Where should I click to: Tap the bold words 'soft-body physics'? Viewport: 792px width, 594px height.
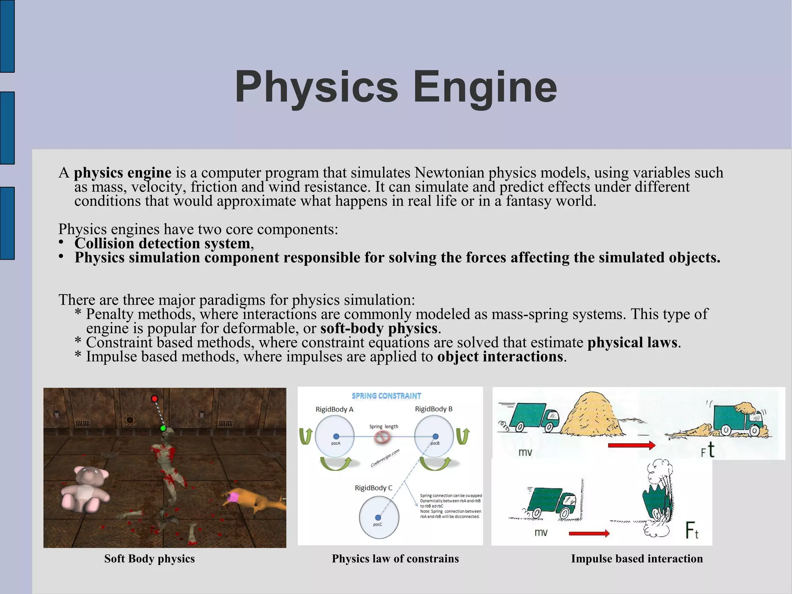pyautogui.click(x=379, y=329)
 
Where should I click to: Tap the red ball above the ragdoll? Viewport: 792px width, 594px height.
pyautogui.click(x=154, y=399)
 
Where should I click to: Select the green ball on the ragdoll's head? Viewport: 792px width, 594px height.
pyautogui.click(x=163, y=428)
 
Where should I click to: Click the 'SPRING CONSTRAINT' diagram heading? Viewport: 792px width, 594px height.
pyautogui.click(x=386, y=396)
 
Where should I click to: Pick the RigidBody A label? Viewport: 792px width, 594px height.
pyautogui.click(x=335, y=409)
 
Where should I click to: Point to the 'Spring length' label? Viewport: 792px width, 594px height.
pyautogui.click(x=384, y=426)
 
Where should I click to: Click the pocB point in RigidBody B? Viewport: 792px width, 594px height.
pyautogui.click(x=435, y=437)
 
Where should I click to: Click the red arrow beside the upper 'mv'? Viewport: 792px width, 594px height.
pyautogui.click(x=631, y=445)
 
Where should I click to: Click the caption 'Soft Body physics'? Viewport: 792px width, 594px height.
pyautogui.click(x=149, y=559)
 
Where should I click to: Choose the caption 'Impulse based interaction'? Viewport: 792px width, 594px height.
pyautogui.click(x=637, y=559)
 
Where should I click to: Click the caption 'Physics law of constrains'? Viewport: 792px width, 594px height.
pyautogui.click(x=395, y=559)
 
